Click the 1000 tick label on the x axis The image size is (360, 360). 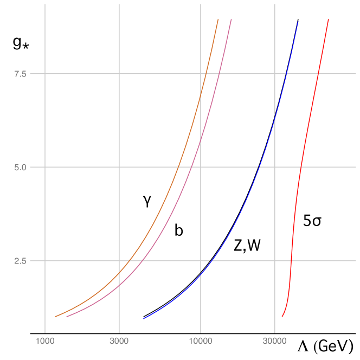coord(44,341)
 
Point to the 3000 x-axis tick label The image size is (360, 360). coord(119,341)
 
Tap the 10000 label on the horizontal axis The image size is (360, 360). coord(201,341)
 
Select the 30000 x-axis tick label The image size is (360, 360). coord(274,341)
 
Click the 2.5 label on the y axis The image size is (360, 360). coord(21,261)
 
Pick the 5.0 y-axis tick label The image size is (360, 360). coord(21,167)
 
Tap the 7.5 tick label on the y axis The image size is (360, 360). coord(21,74)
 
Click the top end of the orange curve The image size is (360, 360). coord(218,19)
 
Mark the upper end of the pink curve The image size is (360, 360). coord(232,19)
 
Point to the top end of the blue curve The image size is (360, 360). coord(298,21)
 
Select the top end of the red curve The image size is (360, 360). coord(329,19)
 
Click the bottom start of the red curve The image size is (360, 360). coord(282,317)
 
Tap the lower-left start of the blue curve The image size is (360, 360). coord(143,319)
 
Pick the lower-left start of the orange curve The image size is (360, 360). coord(55,317)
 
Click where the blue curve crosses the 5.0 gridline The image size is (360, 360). coord(259,167)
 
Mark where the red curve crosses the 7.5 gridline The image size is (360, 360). coord(318,74)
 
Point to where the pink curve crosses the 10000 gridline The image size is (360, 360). coord(201,139)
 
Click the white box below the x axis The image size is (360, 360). coord(192,350)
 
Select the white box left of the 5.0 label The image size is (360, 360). coord(8,171)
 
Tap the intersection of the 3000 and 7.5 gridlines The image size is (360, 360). coord(119,74)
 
